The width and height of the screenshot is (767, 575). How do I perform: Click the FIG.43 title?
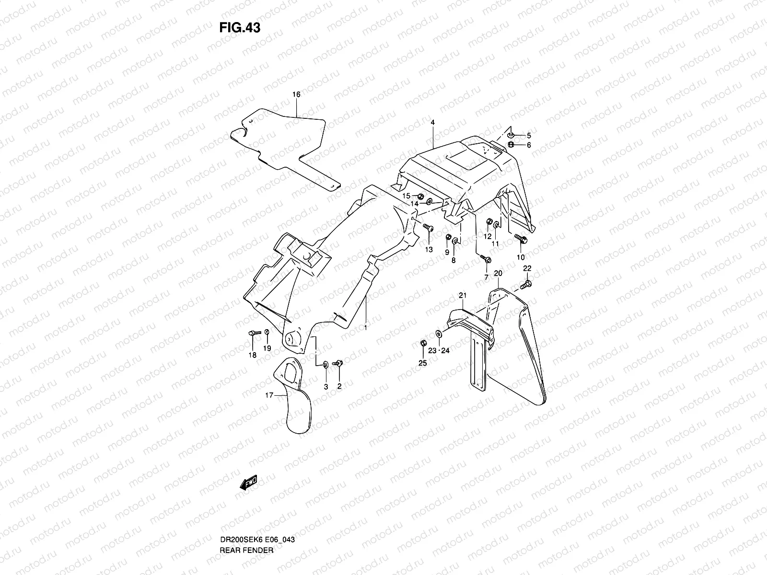pyautogui.click(x=240, y=28)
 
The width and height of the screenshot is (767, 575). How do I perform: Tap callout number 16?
pyautogui.click(x=296, y=94)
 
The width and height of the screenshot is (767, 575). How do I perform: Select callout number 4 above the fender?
pyautogui.click(x=432, y=123)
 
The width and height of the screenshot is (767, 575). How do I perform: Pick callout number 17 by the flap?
pyautogui.click(x=269, y=395)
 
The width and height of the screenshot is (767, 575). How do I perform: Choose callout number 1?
pyautogui.click(x=365, y=327)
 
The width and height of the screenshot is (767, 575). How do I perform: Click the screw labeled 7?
pyautogui.click(x=486, y=259)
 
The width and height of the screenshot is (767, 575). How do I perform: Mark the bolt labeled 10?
pyautogui.click(x=521, y=238)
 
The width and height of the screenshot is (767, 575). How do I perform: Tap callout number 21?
pyautogui.click(x=462, y=296)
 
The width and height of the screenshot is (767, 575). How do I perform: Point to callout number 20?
pyautogui.click(x=498, y=273)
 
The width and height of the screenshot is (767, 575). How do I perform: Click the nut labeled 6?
pyautogui.click(x=511, y=145)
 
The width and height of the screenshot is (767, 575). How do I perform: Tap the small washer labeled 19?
pyautogui.click(x=267, y=332)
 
